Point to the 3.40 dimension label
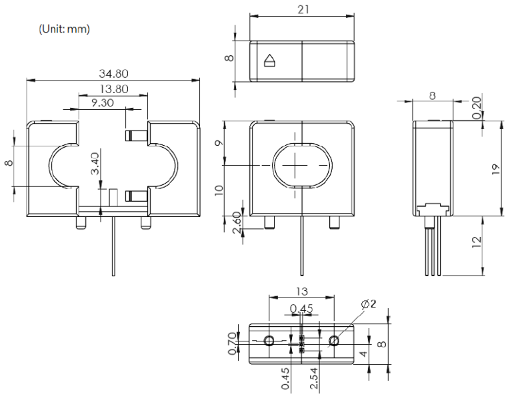95,164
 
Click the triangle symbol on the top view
269,61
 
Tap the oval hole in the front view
302,163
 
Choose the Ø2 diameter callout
368,304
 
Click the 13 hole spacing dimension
302,292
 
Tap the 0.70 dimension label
232,343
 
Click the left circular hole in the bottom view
269,341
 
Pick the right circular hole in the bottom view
334,341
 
